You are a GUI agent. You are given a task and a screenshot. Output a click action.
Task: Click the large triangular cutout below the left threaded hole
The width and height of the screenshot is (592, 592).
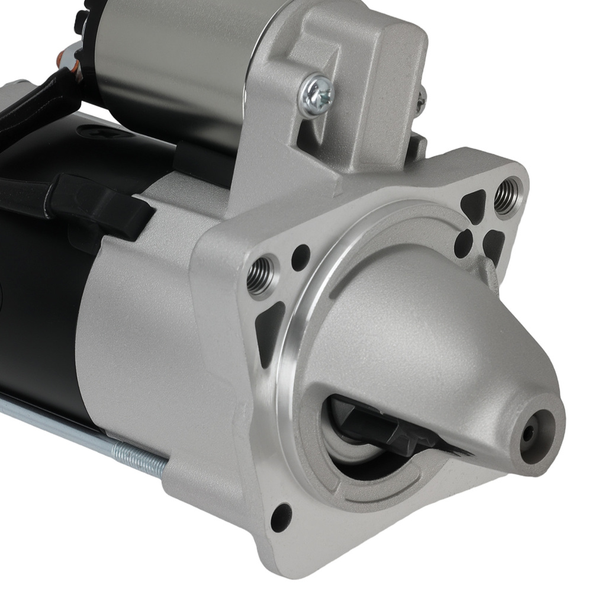pos(269,332)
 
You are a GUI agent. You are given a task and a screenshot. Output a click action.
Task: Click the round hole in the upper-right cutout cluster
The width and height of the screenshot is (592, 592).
pos(464,240)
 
